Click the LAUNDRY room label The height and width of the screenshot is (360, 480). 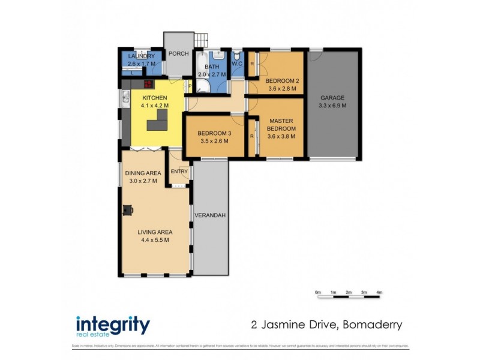[142, 56]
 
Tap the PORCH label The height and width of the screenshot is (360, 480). [178, 53]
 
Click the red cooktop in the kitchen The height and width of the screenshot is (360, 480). [148, 85]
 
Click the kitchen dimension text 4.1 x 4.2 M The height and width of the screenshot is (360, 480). [154, 106]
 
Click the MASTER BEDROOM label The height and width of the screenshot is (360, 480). [281, 124]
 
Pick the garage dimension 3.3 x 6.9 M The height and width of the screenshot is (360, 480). [333, 106]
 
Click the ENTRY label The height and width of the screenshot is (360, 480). [179, 172]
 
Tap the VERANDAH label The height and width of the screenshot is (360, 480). [210, 216]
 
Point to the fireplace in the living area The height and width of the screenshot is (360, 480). [128, 209]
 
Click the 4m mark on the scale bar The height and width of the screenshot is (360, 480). [379, 292]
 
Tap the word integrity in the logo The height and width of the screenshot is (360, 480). [112, 325]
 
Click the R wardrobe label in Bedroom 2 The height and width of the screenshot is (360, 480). [252, 63]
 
